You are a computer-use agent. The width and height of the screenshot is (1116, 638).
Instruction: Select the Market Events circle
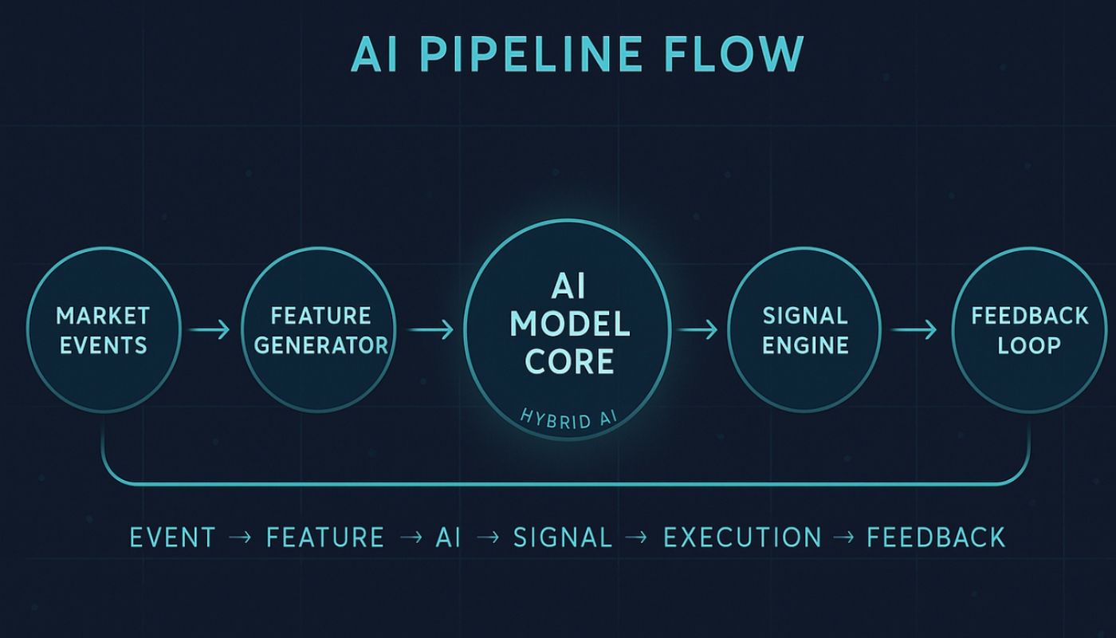click(102, 330)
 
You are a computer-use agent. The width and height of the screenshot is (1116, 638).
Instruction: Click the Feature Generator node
click(317, 330)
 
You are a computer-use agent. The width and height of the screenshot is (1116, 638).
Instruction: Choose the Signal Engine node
click(805, 330)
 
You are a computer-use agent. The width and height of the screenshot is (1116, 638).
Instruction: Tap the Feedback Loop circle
click(1029, 330)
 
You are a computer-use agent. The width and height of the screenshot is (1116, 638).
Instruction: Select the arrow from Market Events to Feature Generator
click(210, 329)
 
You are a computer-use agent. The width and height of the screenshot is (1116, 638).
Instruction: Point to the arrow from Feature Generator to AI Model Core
click(430, 329)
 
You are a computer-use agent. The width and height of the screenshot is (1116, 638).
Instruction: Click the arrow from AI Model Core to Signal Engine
click(698, 329)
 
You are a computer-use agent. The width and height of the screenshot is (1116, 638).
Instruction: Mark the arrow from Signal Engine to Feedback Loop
click(914, 329)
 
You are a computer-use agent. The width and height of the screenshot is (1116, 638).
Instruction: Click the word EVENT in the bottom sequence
click(172, 538)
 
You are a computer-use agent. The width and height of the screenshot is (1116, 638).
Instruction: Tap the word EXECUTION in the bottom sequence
click(742, 538)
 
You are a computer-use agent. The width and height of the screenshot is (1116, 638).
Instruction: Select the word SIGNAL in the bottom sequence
click(563, 538)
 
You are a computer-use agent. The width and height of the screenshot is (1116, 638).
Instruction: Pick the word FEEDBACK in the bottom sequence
click(936, 538)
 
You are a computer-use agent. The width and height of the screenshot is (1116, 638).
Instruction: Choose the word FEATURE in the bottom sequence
click(324, 538)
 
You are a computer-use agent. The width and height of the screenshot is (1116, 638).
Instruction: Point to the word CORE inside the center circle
click(569, 361)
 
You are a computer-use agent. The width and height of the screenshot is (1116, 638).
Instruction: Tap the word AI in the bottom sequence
click(448, 538)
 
